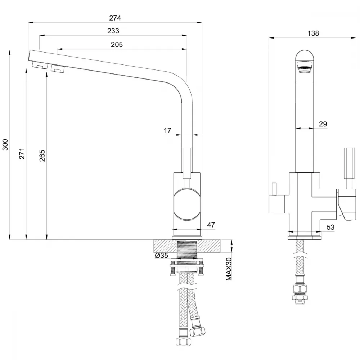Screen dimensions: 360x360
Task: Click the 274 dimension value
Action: coord(115,18)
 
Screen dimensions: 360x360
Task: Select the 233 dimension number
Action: coord(113,31)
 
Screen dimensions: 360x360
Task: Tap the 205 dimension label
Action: coord(117,45)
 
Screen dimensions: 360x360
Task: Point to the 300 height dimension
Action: coord(5,145)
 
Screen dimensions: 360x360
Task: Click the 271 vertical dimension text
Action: coord(22,154)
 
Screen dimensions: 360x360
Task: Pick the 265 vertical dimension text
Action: coord(42,156)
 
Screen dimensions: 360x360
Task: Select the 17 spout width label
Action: coord(167,130)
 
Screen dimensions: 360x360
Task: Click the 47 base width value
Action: coord(211,225)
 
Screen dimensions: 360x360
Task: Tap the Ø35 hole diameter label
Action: coord(162,255)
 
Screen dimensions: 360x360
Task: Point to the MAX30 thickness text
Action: coord(229,269)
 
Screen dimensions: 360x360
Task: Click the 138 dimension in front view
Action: coord(313,33)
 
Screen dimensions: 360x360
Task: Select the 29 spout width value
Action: coord(323,124)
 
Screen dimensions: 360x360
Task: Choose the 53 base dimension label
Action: coord(330,227)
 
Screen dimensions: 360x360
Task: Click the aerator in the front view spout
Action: coord(304,67)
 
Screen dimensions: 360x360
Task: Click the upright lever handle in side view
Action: coord(186,163)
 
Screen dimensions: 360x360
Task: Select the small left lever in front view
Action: coord(274,190)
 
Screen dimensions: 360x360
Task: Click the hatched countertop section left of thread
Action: coord(165,246)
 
